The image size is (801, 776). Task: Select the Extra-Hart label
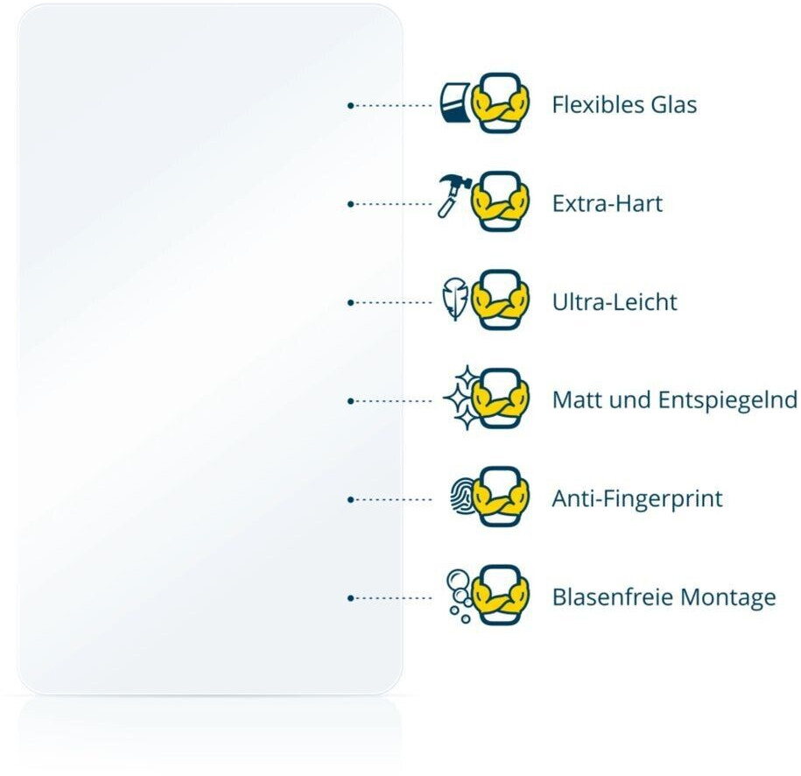[607, 204]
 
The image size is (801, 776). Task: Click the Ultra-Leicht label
[615, 303]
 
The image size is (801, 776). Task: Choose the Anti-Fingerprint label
[637, 500]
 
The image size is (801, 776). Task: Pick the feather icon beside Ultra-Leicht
[454, 300]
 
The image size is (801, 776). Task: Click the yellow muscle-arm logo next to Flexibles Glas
[501, 103]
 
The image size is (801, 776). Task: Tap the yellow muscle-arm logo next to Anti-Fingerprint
[501, 497]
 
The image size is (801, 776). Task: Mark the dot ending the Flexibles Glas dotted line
[350, 105]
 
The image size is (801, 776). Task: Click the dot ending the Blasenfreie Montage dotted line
[350, 598]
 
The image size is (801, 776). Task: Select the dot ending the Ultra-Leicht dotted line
[350, 303]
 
